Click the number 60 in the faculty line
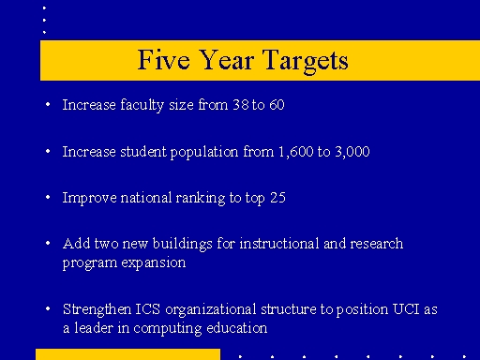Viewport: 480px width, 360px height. [276, 105]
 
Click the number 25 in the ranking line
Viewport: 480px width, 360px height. [276, 198]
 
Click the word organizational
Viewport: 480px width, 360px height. [207, 309]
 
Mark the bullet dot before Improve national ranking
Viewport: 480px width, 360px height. [47, 198]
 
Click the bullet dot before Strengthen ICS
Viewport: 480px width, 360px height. [47, 309]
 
